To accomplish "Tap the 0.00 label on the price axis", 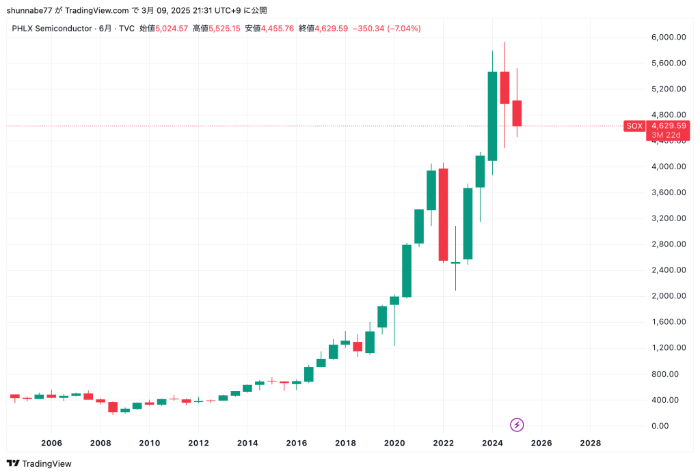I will click(660, 426).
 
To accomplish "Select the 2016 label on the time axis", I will click(296, 442).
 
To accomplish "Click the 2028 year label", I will click(590, 442).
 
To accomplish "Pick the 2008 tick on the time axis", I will click(100, 442).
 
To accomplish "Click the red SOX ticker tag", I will click(634, 126).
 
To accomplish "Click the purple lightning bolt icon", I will click(517, 424).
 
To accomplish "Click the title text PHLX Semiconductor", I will click(53, 29).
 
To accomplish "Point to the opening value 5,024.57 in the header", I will click(172, 29).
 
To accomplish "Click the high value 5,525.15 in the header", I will click(225, 29).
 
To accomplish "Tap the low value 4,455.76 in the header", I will click(278, 29).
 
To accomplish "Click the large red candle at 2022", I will click(443, 214).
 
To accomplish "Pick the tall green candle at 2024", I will click(492, 116).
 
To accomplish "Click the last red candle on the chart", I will click(517, 113).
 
